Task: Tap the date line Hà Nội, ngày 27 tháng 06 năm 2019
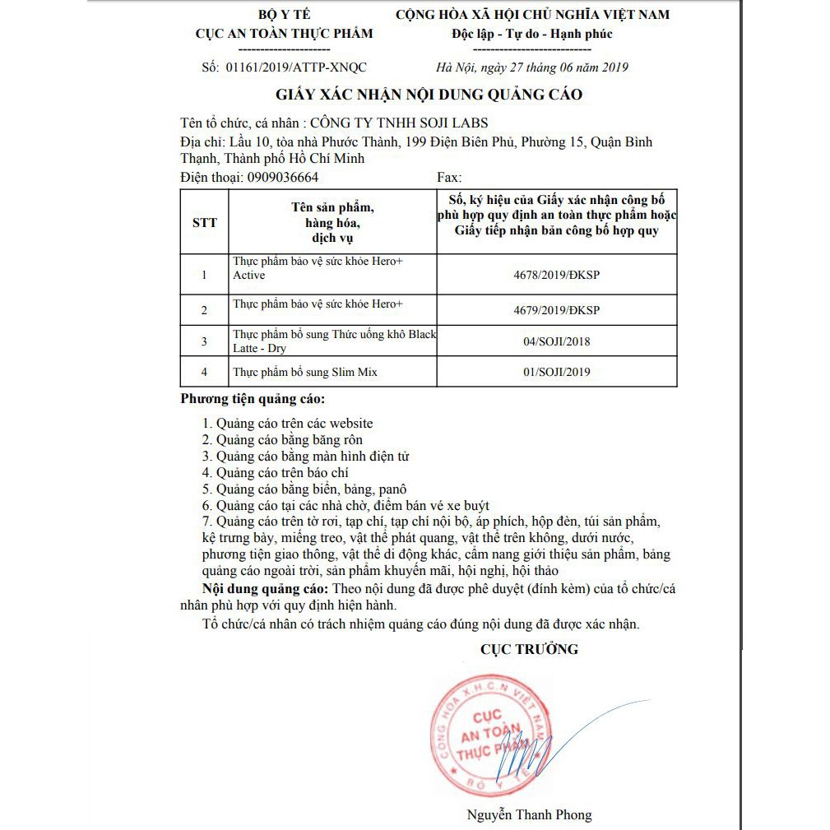click(x=532, y=67)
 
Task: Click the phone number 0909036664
click(x=282, y=177)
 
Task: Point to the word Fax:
click(x=449, y=177)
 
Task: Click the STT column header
click(x=205, y=223)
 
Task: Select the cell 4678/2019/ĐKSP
click(x=556, y=275)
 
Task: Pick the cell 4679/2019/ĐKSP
click(x=556, y=310)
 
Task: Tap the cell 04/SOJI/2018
click(x=556, y=341)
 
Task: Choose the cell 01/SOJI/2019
click(x=556, y=372)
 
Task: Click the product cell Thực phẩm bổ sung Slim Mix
click(x=305, y=372)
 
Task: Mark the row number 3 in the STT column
click(x=205, y=341)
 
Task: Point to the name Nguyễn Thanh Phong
click(x=529, y=814)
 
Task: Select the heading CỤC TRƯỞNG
click(x=529, y=649)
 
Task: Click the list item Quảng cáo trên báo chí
click(x=276, y=472)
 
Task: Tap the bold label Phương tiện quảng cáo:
click(x=253, y=400)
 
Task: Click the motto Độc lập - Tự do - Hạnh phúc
click(x=531, y=34)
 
